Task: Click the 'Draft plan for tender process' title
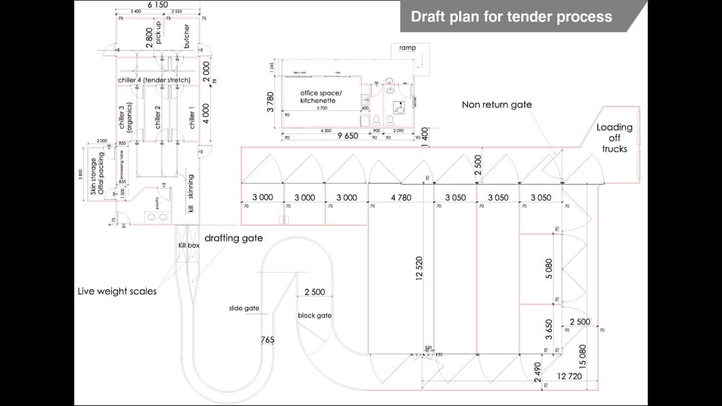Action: (x=511, y=17)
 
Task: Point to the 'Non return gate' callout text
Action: (x=497, y=105)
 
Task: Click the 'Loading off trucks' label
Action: (x=614, y=138)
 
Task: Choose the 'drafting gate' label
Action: (x=234, y=237)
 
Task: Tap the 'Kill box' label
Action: (x=188, y=246)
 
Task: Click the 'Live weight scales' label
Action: (x=117, y=291)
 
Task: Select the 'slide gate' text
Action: (x=244, y=308)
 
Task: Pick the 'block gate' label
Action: (x=315, y=315)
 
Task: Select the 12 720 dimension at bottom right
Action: (x=570, y=376)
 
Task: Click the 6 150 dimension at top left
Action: (x=157, y=5)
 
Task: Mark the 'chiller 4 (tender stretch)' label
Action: (x=154, y=79)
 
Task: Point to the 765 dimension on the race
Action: (x=267, y=339)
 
